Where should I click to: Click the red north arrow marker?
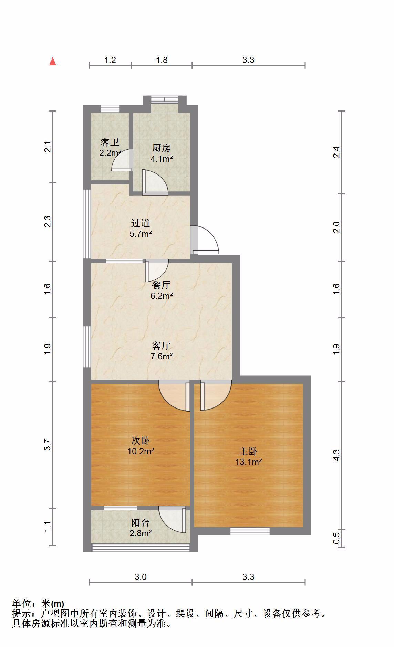tap(53, 61)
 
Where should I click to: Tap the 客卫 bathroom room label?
tap(110, 142)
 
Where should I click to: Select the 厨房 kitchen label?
tap(162, 148)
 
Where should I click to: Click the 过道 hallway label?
tap(141, 223)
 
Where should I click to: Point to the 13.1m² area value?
tap(249, 462)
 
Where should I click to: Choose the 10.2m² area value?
tap(141, 451)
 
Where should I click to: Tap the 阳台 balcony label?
tap(141, 523)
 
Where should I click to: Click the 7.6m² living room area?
tap(162, 356)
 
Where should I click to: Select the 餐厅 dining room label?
tap(162, 285)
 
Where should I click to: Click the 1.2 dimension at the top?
tap(110, 60)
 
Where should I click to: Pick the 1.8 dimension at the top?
tap(162, 60)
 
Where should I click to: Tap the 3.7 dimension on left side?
tap(48, 445)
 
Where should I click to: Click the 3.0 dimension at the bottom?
tap(141, 577)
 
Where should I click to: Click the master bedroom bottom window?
tap(250, 531)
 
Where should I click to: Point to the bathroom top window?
tap(110, 108)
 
